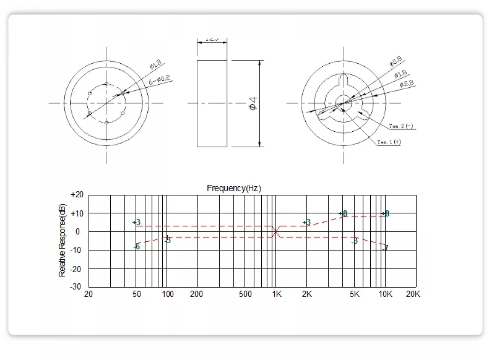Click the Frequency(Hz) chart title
[235, 188]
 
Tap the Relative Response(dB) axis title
[62, 239]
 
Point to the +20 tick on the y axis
[77, 194]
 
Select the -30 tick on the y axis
[77, 287]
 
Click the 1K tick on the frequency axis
[277, 294]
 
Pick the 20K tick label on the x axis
[413, 294]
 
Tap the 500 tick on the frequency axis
[244, 294]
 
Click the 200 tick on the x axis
[197, 294]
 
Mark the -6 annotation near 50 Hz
[136, 247]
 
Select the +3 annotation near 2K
[306, 222]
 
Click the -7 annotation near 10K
[386, 247]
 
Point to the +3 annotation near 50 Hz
[136, 222]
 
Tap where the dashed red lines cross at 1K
[276, 231]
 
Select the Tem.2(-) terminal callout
[401, 126]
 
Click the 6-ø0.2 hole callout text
[160, 81]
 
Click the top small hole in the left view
[107, 84]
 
